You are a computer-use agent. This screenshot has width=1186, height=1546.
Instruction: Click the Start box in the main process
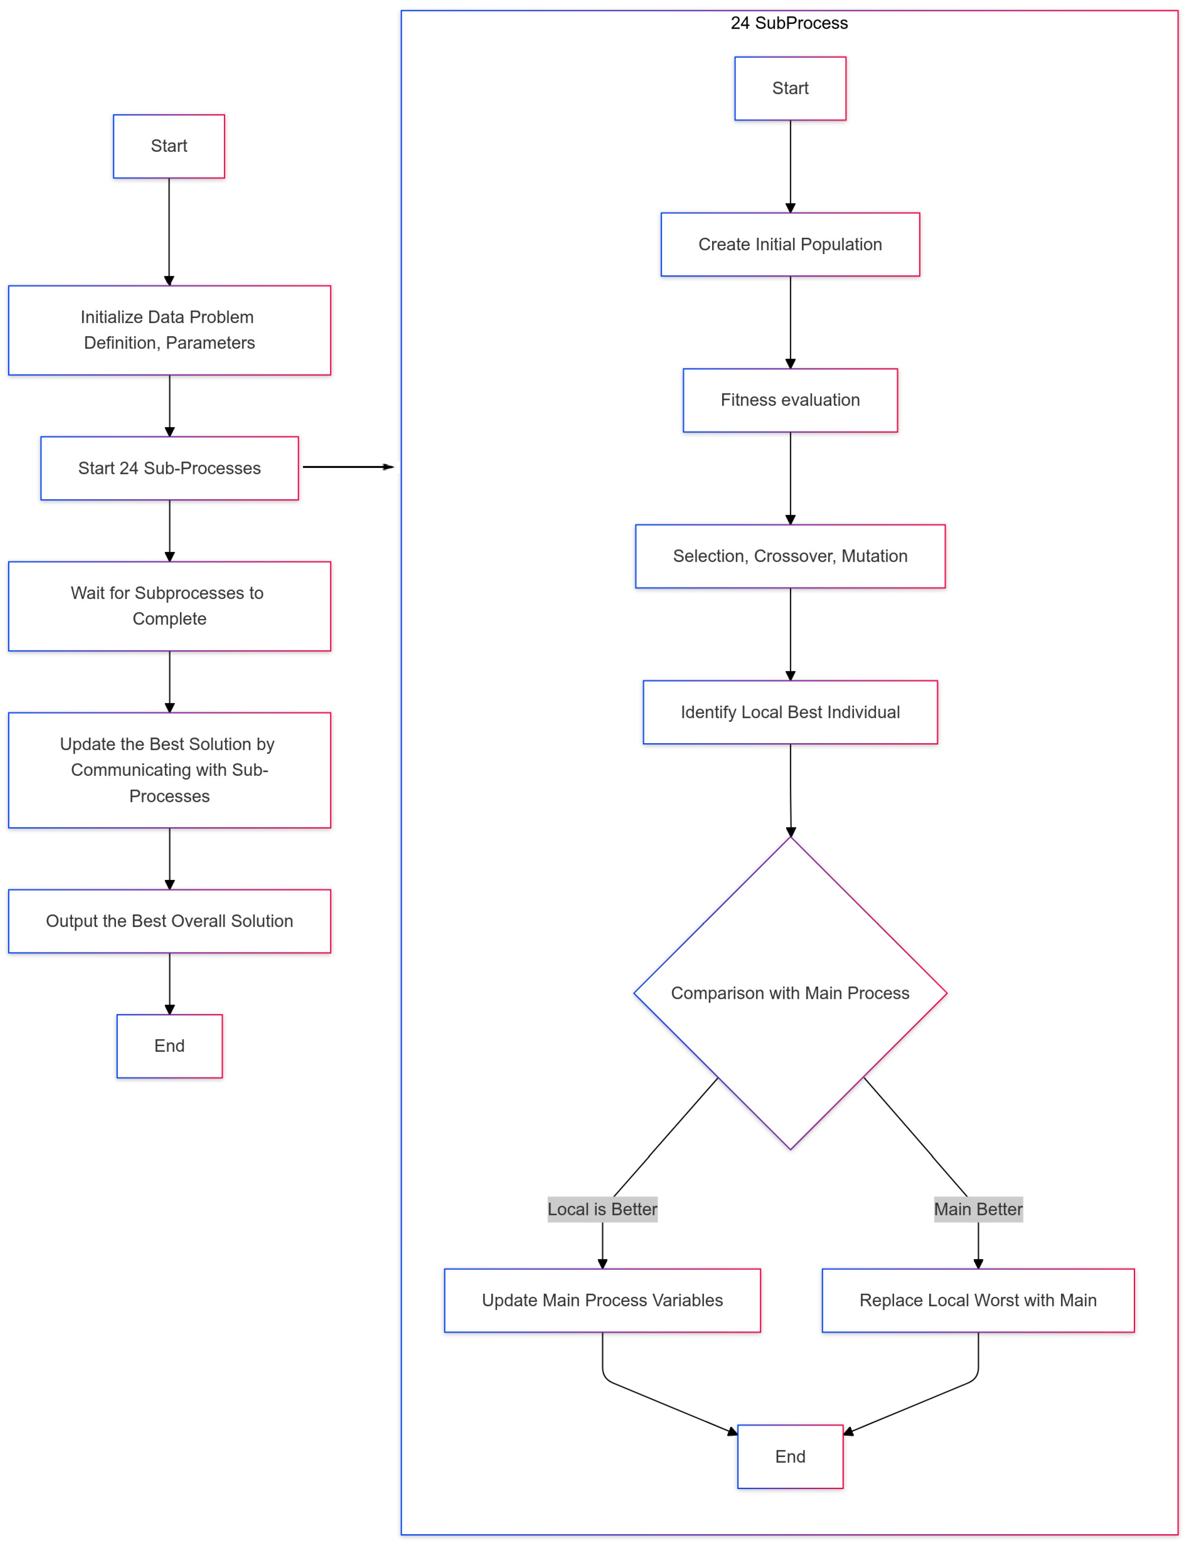coord(169,146)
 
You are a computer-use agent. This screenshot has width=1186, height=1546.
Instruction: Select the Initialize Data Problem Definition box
coord(169,330)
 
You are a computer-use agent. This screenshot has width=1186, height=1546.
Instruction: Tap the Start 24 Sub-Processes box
coord(169,468)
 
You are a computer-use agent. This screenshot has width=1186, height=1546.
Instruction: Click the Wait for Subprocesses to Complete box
coord(169,606)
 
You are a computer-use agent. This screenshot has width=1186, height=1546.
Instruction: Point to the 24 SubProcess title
coord(789,23)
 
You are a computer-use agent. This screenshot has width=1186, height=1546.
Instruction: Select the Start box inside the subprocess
coord(790,88)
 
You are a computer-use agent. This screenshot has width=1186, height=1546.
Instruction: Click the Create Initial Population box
coord(790,244)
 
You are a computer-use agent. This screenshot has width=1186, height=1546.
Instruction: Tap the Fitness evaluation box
coord(790,400)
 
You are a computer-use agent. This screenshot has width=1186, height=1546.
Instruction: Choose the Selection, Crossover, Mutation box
coord(790,556)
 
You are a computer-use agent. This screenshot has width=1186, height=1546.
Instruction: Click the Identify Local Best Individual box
coord(790,712)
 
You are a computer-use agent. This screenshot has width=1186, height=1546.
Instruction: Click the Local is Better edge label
coord(602,1209)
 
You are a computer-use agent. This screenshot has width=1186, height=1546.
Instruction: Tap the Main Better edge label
coord(978,1209)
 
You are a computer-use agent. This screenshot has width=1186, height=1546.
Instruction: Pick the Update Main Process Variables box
coord(602,1301)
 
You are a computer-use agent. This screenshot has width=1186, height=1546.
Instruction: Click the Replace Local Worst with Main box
coord(978,1301)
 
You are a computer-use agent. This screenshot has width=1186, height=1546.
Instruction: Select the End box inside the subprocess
coord(790,1456)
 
